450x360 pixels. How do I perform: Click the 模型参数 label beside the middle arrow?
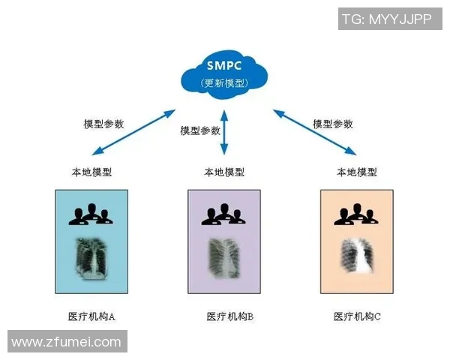[200, 130]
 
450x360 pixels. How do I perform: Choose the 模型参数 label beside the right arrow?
[332, 124]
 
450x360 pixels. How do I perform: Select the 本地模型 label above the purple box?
[224, 172]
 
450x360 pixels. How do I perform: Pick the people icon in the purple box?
[224, 214]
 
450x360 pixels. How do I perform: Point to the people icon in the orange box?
[356, 214]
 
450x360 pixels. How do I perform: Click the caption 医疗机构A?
[91, 316]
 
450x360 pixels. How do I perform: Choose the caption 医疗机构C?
[358, 316]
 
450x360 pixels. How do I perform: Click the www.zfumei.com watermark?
[66, 342]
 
